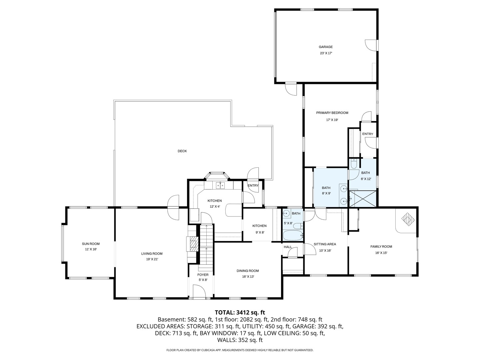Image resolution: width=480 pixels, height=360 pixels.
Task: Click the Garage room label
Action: (x=325, y=47)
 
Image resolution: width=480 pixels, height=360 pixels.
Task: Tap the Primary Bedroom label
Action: (x=332, y=113)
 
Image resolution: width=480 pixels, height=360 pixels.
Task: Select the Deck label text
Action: (x=182, y=151)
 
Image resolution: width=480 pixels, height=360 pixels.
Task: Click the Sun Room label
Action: (x=91, y=244)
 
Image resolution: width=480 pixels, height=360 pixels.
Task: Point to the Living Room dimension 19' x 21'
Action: (x=152, y=259)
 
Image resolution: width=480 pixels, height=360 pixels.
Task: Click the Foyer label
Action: (x=203, y=275)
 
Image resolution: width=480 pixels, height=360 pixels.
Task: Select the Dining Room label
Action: (x=248, y=271)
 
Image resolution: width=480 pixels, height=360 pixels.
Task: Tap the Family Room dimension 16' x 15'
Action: (x=381, y=253)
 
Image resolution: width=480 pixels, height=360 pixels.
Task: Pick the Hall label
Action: (x=288, y=247)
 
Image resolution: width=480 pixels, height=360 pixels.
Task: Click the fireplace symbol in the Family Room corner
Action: (x=408, y=219)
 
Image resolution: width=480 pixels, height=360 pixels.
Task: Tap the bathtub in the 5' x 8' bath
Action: (x=293, y=236)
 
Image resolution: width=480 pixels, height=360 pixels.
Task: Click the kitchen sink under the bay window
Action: (x=220, y=185)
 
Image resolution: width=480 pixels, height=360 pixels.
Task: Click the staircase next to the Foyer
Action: (x=206, y=247)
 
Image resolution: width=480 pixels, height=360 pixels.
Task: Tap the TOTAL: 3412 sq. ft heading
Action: (x=240, y=312)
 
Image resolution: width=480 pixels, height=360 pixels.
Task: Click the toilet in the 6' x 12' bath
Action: (x=354, y=164)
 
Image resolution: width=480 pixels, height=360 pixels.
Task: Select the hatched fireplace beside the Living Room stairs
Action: (x=193, y=244)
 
